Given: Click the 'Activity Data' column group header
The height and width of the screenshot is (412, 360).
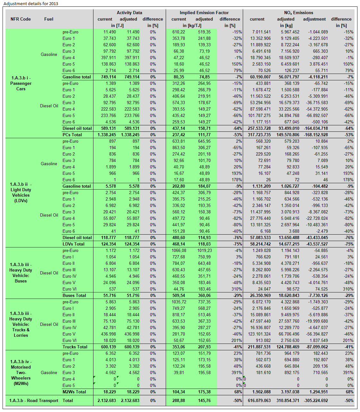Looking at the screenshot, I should [x=129, y=13].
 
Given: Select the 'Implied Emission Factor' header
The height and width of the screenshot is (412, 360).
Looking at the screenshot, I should [x=204, y=13].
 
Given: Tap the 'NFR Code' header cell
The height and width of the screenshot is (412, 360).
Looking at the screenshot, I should [x=21, y=19].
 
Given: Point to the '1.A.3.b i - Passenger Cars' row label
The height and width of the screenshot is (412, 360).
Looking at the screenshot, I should [x=21, y=83].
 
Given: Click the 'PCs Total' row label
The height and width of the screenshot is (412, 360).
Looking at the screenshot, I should [x=72, y=135].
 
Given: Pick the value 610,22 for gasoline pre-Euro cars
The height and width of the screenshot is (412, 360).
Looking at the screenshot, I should [x=179, y=32].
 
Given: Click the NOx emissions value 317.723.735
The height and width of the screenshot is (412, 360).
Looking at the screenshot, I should [x=259, y=135].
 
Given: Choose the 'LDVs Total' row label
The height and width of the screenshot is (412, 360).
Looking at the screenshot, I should [x=74, y=244].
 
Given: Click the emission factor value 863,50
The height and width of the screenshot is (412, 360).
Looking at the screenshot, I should [x=179, y=148].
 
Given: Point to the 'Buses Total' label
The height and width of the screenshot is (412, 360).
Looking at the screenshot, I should [x=74, y=295].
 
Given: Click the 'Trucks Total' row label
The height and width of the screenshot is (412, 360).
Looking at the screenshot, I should [x=75, y=347].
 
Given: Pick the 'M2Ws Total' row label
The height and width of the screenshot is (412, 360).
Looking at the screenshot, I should [x=74, y=392].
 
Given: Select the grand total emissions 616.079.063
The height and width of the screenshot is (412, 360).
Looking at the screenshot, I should [x=259, y=400].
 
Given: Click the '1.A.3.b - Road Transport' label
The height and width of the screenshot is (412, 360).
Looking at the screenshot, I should [x=34, y=400].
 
